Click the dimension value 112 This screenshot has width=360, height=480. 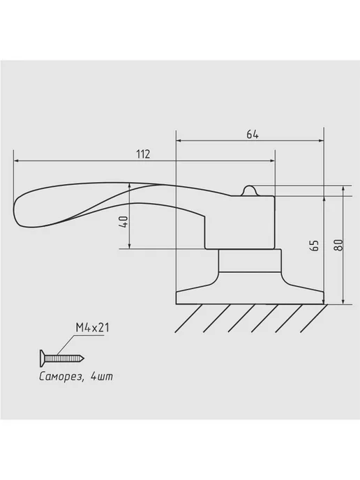point(143,154)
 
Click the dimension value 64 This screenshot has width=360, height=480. point(253,135)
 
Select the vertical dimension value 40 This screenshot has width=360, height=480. point(124,221)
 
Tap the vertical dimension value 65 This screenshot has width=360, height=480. point(315,246)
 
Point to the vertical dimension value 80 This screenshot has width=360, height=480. point(338,245)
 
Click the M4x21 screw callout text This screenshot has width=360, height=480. point(92,328)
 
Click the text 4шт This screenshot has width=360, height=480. point(102,376)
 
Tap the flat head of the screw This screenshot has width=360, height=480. point(43,358)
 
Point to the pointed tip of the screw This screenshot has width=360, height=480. point(84,358)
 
